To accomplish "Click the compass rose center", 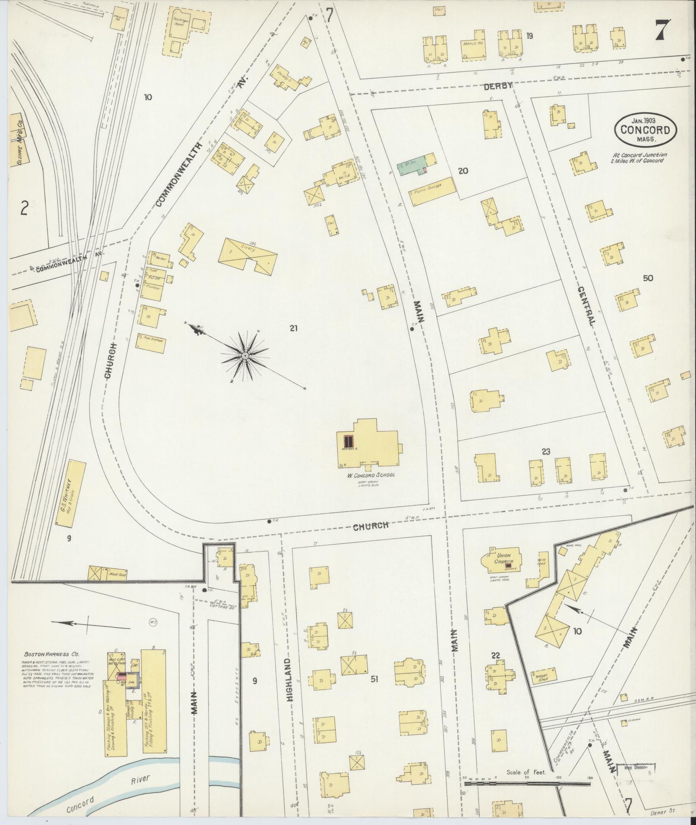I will [245, 356].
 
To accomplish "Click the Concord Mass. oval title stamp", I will [645, 130].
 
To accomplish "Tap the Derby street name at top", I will [497, 86].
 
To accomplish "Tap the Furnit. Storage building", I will [433, 191].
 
